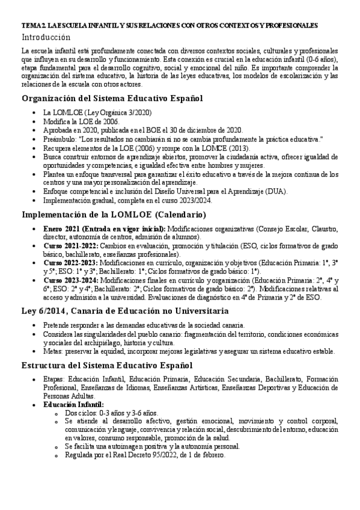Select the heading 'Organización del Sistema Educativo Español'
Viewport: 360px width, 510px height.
tap(112, 98)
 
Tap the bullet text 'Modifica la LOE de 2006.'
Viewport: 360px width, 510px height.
tap(81, 121)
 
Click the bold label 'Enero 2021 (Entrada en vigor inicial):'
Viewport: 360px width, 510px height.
tap(105, 229)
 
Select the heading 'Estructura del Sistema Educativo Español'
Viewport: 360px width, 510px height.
tap(107, 365)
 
